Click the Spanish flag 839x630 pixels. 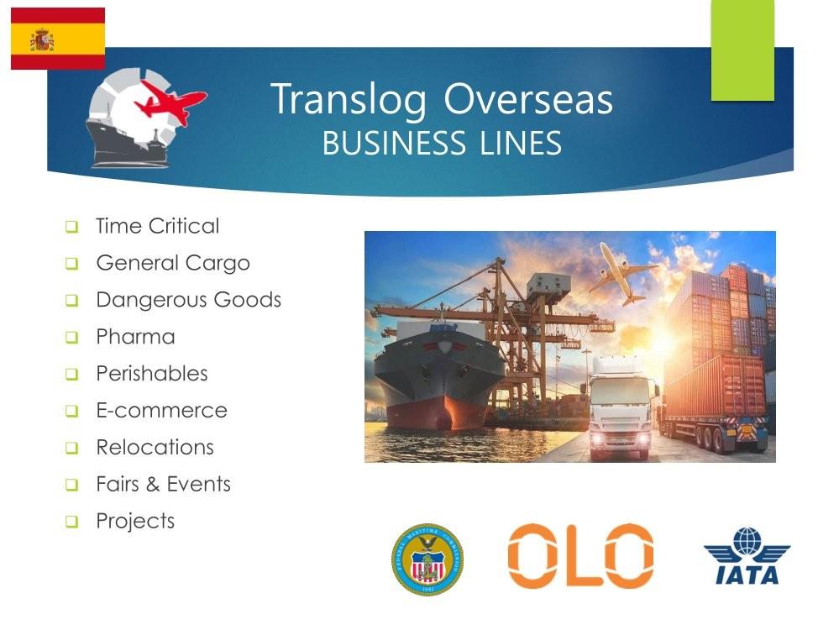pyautogui.click(x=58, y=39)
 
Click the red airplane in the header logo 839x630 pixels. pyautogui.click(x=170, y=102)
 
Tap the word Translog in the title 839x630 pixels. pyautogui.click(x=349, y=100)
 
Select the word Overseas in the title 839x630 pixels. pyautogui.click(x=528, y=100)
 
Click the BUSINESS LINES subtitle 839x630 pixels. pyautogui.click(x=442, y=143)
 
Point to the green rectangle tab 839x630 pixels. pyautogui.click(x=742, y=50)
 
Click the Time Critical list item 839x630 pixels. pyautogui.click(x=158, y=226)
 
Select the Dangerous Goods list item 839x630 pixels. pyautogui.click(x=188, y=300)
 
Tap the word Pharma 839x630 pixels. pyautogui.click(x=135, y=337)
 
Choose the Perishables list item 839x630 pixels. pyautogui.click(x=152, y=374)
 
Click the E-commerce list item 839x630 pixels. pyautogui.click(x=161, y=411)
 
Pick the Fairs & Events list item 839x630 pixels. pyautogui.click(x=163, y=485)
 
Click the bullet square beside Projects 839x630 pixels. pyautogui.click(x=71, y=522)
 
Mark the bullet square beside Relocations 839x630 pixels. pyautogui.click(x=71, y=448)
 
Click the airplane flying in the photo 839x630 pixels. pyautogui.click(x=621, y=274)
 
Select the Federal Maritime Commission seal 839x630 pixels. pyautogui.click(x=427, y=559)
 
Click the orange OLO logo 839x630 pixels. pyautogui.click(x=580, y=556)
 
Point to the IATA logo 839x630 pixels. pyautogui.click(x=747, y=555)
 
